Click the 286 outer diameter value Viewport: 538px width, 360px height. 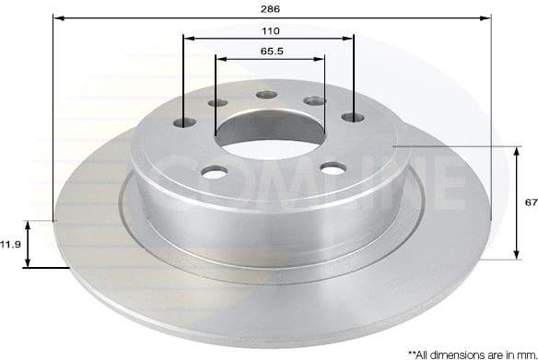click(269, 8)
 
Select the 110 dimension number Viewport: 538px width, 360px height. click(269, 29)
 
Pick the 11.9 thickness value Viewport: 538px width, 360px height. click(10, 244)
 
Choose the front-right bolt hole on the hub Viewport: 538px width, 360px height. click(328, 168)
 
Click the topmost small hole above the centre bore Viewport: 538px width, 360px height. click(266, 94)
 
